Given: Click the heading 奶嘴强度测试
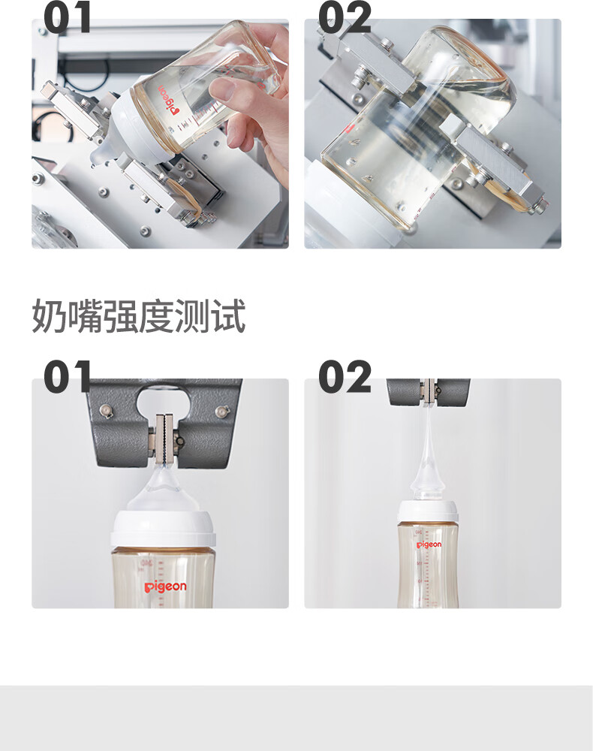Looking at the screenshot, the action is [x=138, y=315].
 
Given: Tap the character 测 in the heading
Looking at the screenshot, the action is [x=192, y=315].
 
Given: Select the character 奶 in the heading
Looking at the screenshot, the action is [x=49, y=315].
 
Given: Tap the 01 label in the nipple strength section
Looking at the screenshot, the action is [x=67, y=376].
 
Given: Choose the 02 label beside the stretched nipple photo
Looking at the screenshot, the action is [x=345, y=376].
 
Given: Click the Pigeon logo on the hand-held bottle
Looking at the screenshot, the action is [x=167, y=100].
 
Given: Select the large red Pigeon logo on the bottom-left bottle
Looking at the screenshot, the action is [x=166, y=587].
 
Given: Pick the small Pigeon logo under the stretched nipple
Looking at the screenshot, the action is [x=429, y=544].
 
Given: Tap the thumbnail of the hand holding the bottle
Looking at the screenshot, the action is [x=161, y=134].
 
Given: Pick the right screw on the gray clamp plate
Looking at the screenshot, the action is [x=222, y=411].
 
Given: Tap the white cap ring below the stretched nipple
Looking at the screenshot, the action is [x=427, y=512].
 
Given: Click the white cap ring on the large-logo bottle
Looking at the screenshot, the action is [x=162, y=529].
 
